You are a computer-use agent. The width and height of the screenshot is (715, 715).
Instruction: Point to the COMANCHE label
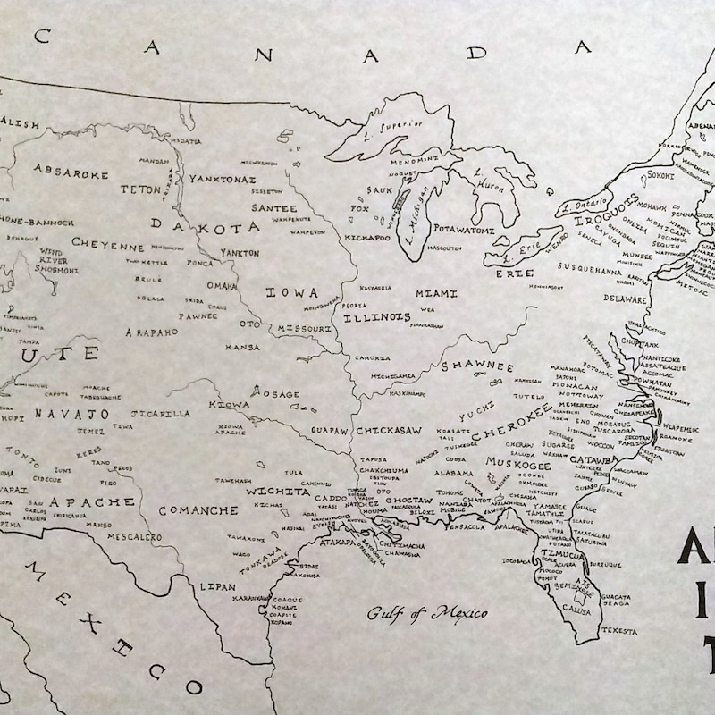tap(198, 510)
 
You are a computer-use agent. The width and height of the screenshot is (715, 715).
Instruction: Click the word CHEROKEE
tap(512, 421)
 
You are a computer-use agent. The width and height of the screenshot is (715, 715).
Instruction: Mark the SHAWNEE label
tap(477, 367)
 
